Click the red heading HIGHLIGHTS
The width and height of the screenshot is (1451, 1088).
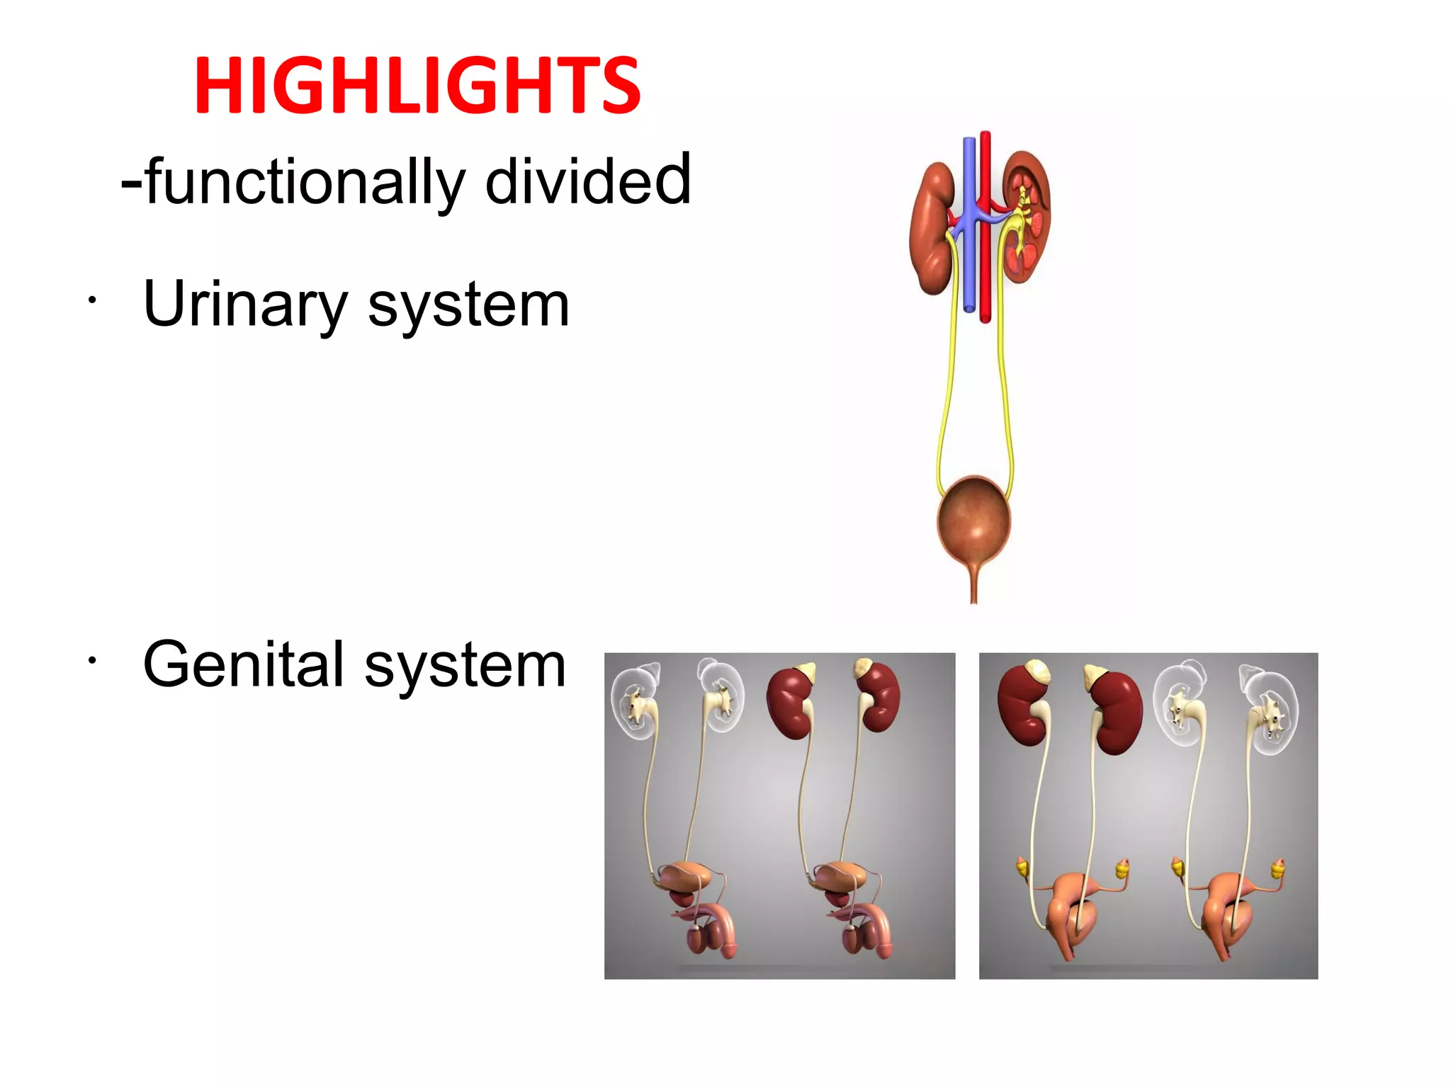click(417, 86)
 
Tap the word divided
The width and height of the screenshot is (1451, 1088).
click(587, 181)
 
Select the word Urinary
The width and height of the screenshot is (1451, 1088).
click(244, 305)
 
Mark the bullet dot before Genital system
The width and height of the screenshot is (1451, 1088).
click(91, 662)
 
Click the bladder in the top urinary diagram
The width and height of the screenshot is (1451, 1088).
click(974, 517)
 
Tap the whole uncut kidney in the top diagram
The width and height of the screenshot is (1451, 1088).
click(932, 227)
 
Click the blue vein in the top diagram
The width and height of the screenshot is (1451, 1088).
click(969, 269)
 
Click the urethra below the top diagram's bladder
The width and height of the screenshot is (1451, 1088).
click(974, 584)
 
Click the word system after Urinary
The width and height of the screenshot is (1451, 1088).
click(468, 305)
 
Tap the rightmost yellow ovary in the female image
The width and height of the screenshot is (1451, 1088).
click(1278, 868)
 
